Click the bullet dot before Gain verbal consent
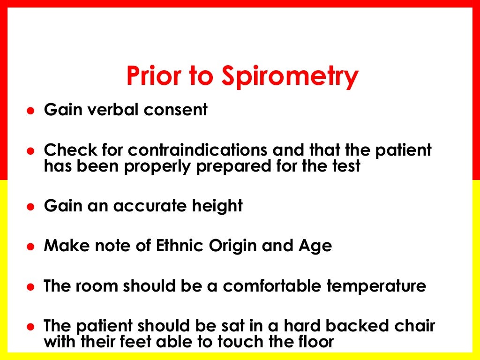tap(30, 111)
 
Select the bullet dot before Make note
tap(30, 247)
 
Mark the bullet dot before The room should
tap(30, 286)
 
